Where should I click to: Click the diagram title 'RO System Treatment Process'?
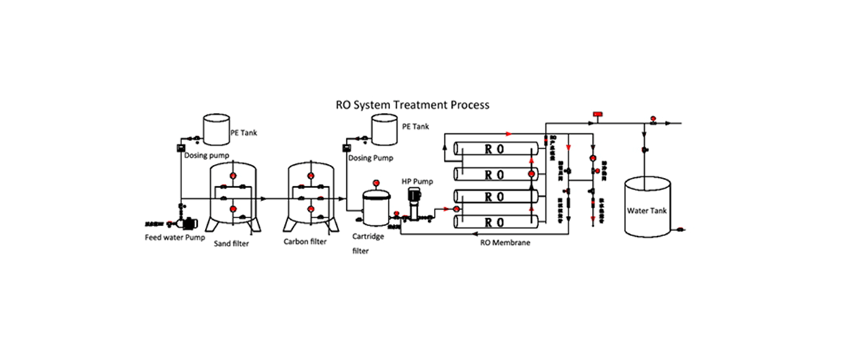coord(412,104)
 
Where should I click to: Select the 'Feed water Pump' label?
coord(175,237)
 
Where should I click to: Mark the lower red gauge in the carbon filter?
coord(311,210)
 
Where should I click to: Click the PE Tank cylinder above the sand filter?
coord(214,127)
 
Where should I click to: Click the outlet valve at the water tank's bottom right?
coord(679,230)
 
